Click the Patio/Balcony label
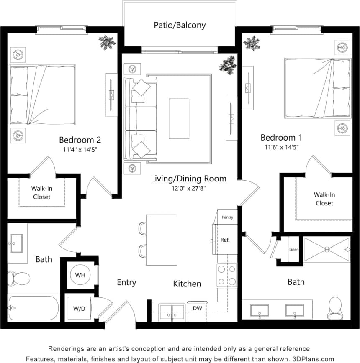(180, 25)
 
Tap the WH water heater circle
(80, 275)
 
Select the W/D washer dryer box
(79, 309)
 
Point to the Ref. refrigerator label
(225, 240)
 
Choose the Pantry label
(227, 217)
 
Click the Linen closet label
(293, 250)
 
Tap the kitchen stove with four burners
(226, 275)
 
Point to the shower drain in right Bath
(327, 250)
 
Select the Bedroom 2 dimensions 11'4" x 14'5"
(80, 149)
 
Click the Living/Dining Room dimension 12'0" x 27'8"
(188, 188)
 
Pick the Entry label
(126, 283)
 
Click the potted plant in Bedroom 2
(107, 43)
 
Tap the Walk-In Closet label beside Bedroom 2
(41, 192)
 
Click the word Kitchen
(187, 284)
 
